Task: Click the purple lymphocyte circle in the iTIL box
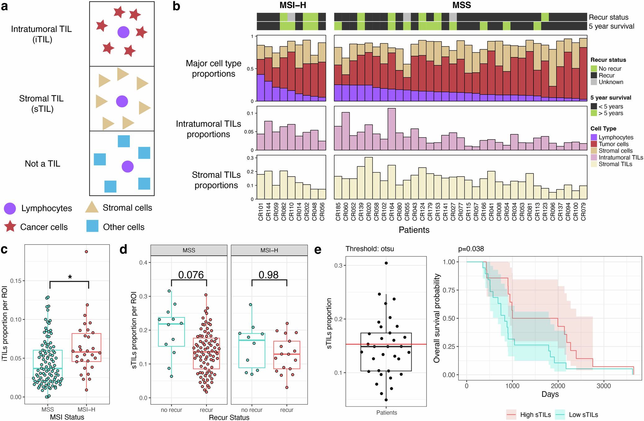click(123, 32)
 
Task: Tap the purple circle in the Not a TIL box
click(128, 167)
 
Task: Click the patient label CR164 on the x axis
click(392, 212)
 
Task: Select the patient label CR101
click(261, 212)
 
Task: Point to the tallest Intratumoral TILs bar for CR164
click(392, 129)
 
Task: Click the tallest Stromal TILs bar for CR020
click(368, 178)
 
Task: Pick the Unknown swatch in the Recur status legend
click(594, 82)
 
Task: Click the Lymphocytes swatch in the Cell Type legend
click(594, 137)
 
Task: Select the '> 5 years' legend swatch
click(594, 113)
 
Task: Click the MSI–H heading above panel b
click(293, 5)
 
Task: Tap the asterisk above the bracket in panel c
click(70, 277)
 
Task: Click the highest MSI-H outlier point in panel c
click(86, 252)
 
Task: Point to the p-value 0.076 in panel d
click(191, 275)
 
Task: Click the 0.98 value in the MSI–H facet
click(268, 275)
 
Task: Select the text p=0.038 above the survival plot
click(471, 249)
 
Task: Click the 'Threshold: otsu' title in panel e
click(370, 249)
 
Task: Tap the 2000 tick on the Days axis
click(558, 386)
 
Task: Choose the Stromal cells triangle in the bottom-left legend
click(92, 207)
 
